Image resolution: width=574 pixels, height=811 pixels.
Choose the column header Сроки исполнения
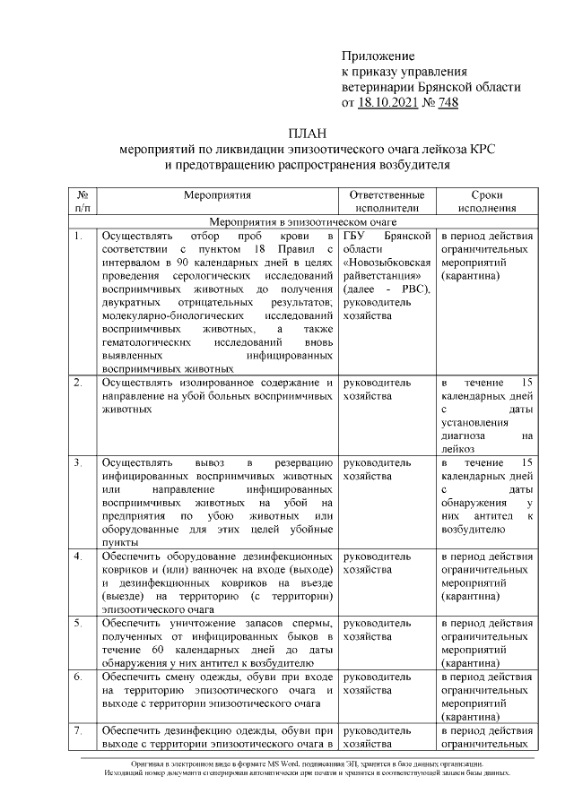486,201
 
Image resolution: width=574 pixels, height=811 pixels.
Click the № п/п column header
83,201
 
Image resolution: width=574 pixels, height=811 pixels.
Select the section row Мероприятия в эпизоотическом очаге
302,221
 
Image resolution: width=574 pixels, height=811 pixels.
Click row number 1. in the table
79,236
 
